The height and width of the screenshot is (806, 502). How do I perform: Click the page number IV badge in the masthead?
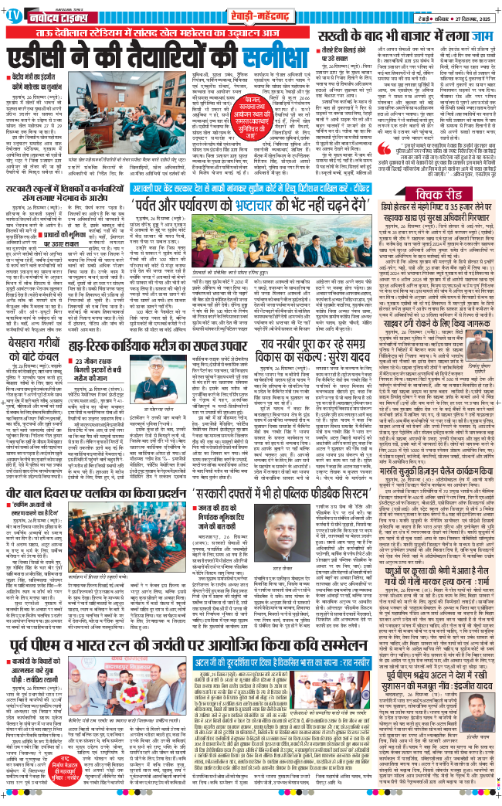point(13,13)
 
